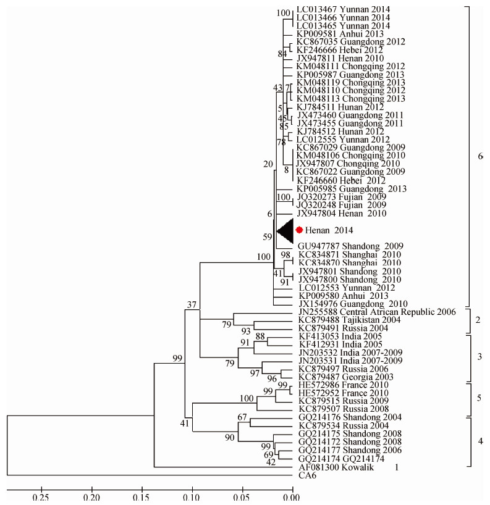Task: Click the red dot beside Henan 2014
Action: click(299, 230)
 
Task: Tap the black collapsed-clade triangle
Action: click(285, 230)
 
